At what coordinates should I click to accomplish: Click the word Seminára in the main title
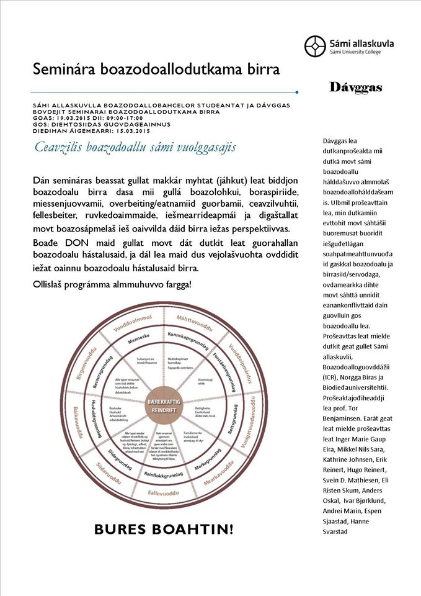coord(64,69)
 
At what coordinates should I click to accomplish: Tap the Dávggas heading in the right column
coord(355,88)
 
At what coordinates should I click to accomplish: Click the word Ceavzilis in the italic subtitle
coord(58,148)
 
